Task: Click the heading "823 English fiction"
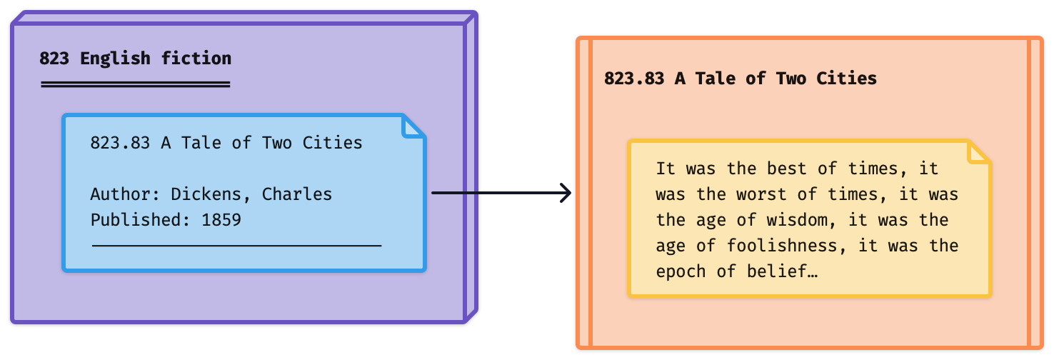click(x=135, y=59)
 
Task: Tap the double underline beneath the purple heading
click(x=135, y=84)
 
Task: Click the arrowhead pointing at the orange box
click(x=566, y=193)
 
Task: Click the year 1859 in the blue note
click(x=221, y=220)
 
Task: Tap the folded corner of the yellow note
click(x=980, y=151)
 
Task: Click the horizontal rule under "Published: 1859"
click(x=236, y=246)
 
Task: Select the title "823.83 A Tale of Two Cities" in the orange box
click(x=740, y=79)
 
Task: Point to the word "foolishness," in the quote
click(x=782, y=246)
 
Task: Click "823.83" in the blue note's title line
click(x=120, y=143)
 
